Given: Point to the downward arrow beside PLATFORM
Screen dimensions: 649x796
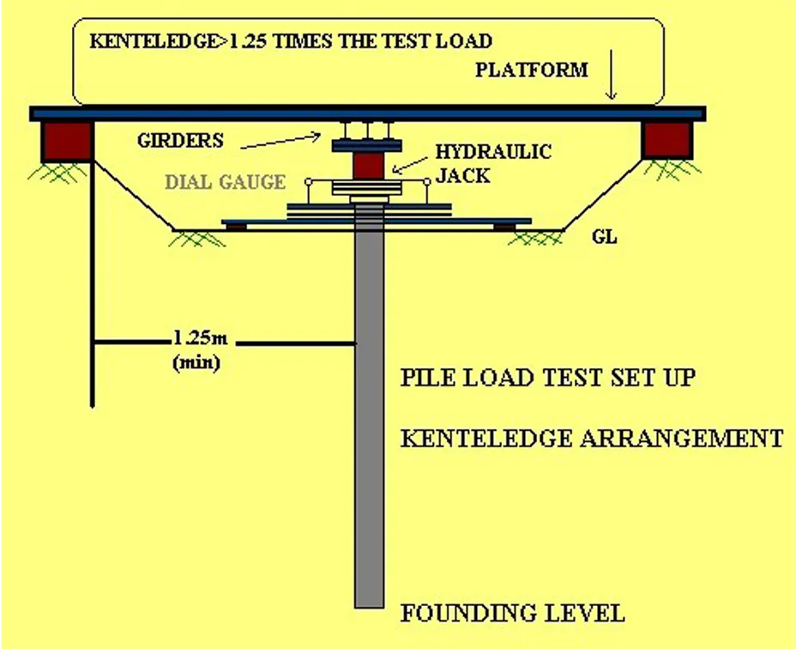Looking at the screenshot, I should coord(612,81).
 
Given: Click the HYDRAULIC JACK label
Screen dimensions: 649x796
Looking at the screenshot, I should coord(493,161).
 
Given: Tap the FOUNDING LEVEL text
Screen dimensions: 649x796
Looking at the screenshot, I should coord(512,613).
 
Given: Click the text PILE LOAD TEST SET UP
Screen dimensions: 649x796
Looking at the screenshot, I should coord(548,379).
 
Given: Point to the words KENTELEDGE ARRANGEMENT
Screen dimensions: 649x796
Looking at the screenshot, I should coord(591,438).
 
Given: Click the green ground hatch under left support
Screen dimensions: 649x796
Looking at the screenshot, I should coord(60,172).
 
